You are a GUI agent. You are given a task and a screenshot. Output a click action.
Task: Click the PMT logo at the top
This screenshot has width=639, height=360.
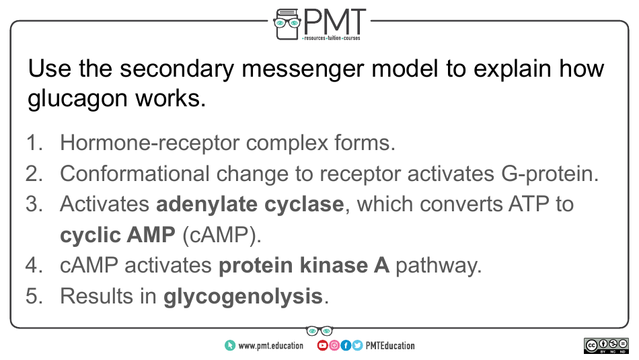click(319, 24)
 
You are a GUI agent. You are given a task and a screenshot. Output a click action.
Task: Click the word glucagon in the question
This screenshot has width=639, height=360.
click(72, 98)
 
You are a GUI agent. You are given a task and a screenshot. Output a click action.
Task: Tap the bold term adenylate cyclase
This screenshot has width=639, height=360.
click(250, 204)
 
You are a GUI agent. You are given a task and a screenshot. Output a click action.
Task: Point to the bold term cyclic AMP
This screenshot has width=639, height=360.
click(117, 235)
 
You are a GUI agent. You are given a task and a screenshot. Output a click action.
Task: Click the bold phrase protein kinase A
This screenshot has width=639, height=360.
click(303, 266)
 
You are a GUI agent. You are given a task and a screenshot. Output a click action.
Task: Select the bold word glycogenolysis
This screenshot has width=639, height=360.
click(243, 297)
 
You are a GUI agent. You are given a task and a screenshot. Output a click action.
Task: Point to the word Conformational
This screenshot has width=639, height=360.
click(135, 173)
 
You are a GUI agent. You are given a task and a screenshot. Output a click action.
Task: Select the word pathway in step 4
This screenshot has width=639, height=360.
click(438, 266)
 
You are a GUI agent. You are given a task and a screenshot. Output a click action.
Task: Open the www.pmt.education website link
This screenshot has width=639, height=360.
click(270, 346)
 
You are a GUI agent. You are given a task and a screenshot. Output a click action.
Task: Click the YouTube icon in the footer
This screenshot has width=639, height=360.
click(323, 346)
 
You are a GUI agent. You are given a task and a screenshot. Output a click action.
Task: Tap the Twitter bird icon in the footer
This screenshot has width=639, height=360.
click(357, 346)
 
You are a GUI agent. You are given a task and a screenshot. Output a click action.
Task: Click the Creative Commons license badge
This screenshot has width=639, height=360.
click(606, 346)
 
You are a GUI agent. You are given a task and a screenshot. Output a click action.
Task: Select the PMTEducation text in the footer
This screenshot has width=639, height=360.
click(390, 346)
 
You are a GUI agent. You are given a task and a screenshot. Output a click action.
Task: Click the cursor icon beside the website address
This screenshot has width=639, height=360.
click(230, 346)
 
